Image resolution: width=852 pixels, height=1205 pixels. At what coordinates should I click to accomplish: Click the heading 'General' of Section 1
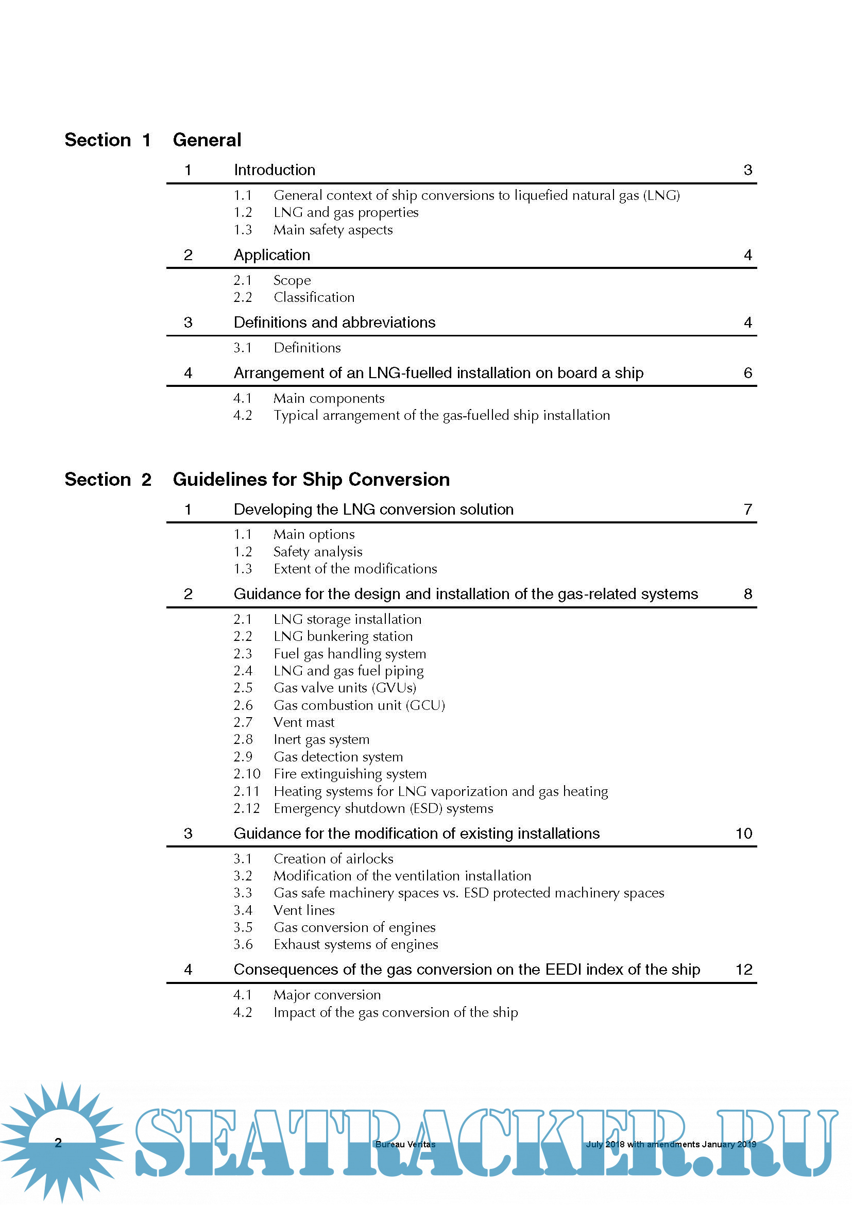[207, 140]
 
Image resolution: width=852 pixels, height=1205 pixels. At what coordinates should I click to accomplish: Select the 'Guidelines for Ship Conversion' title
[311, 479]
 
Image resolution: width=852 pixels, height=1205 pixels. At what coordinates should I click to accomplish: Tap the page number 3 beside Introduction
[747, 170]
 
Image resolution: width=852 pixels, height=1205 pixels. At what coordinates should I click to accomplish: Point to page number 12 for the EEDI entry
[743, 970]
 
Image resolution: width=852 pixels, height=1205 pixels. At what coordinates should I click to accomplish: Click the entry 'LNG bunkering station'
[343, 636]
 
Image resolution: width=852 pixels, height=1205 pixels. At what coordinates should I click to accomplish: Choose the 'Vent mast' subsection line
[304, 722]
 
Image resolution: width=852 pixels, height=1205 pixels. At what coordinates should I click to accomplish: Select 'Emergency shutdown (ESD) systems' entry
[383, 808]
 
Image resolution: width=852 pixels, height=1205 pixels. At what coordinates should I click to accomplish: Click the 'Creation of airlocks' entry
[333, 859]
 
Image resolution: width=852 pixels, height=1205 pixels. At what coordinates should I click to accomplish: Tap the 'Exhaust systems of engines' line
[356, 944]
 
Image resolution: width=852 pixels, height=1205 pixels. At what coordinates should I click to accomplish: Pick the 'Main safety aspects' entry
[333, 230]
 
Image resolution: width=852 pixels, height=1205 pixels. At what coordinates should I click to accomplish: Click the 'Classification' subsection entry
[314, 298]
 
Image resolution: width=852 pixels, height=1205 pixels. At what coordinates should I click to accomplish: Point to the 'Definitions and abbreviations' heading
[334, 322]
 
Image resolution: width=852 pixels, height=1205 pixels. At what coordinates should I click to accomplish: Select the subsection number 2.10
[247, 774]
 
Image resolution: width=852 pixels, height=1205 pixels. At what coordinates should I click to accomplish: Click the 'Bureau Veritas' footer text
[405, 1144]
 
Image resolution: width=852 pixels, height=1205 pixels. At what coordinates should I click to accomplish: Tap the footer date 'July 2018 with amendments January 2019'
[671, 1144]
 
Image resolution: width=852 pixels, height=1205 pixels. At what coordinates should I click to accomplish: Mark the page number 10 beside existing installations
[743, 834]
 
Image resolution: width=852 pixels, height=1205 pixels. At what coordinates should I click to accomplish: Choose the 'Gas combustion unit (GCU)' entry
[359, 705]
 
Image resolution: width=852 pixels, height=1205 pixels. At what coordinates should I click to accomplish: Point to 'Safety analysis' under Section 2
[317, 552]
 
